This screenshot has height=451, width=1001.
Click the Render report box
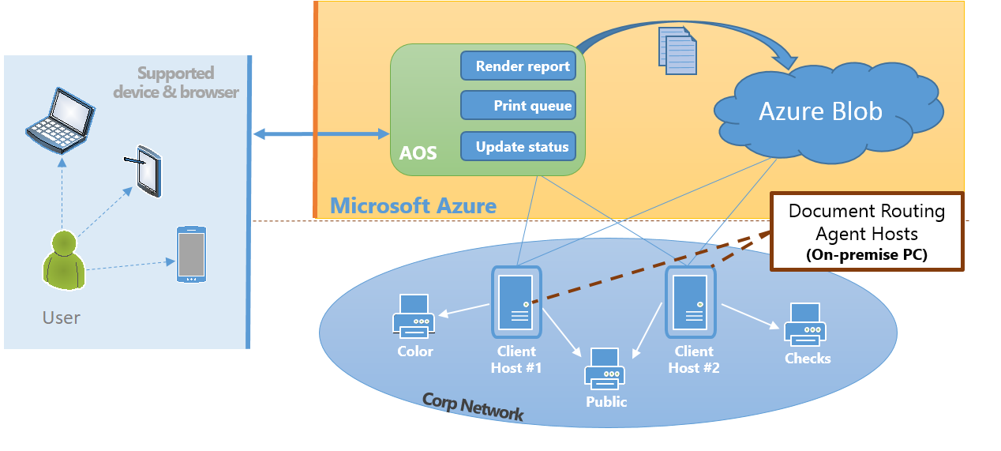pos(518,66)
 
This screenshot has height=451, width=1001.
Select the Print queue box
pos(518,106)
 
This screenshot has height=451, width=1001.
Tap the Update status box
pos(518,147)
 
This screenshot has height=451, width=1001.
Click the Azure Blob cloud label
pos(820,111)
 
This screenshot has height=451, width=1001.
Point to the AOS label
pos(418,152)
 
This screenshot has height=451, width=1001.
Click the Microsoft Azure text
pos(413,206)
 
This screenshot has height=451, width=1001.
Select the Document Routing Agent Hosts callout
pos(867,232)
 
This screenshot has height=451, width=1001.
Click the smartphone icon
pos(191,254)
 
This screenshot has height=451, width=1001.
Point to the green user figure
pos(63,261)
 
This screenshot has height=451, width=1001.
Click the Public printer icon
pos(605,369)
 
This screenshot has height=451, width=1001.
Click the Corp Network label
pos(472,406)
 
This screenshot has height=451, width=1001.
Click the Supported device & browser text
pos(175,82)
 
